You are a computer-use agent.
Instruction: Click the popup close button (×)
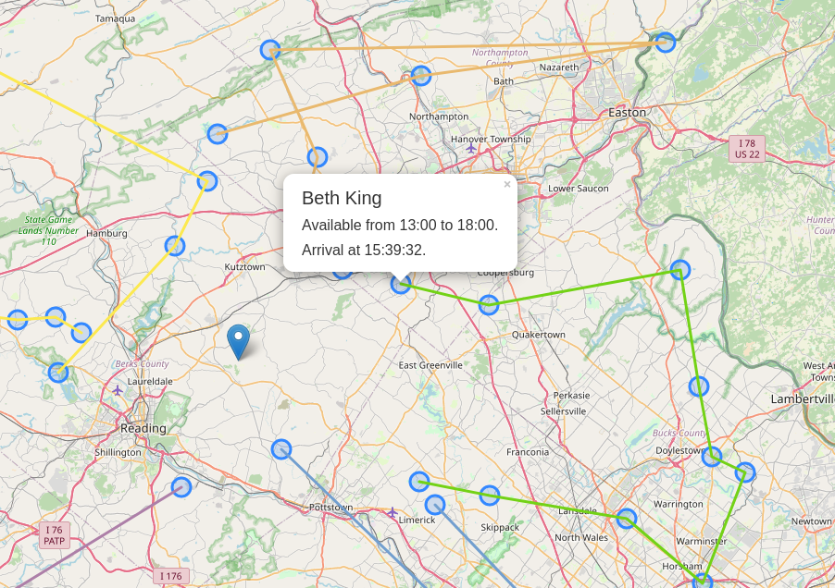(x=507, y=185)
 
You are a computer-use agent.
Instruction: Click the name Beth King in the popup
(x=342, y=198)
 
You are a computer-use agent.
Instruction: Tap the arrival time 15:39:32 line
(x=364, y=250)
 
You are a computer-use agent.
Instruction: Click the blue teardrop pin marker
(x=239, y=341)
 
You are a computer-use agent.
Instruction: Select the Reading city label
(x=143, y=428)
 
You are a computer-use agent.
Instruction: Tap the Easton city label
(x=627, y=112)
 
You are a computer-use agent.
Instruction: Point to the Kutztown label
(x=244, y=267)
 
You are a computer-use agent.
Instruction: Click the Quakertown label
(x=538, y=335)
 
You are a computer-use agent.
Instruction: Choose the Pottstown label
(x=330, y=508)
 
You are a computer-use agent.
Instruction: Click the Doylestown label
(x=679, y=450)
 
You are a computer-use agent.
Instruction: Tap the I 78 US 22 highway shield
(x=746, y=149)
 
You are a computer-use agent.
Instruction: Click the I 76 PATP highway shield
(x=54, y=535)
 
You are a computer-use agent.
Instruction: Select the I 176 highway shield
(x=171, y=576)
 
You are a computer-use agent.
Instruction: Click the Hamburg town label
(x=106, y=233)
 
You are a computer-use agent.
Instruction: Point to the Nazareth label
(x=558, y=67)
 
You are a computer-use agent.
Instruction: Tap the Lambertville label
(x=802, y=398)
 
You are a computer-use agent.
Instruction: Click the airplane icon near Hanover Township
(x=471, y=148)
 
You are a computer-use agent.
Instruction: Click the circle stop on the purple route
(x=181, y=486)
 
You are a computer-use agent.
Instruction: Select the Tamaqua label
(x=115, y=18)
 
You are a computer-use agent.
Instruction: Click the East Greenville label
(x=430, y=365)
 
